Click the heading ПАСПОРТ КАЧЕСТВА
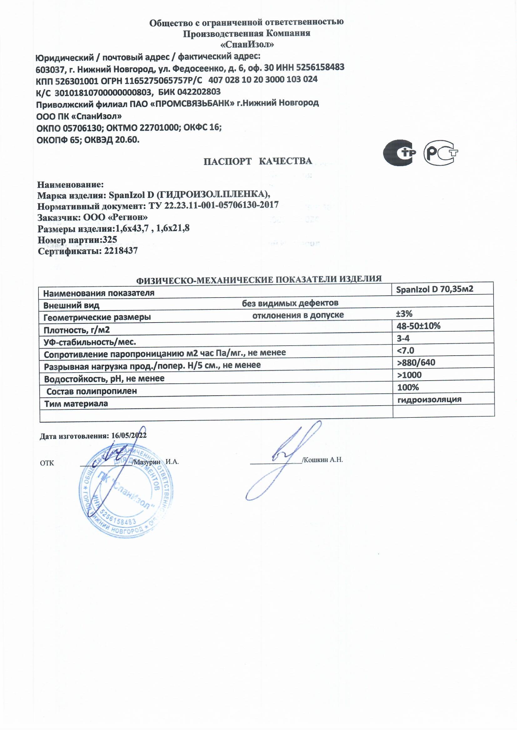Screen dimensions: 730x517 [x=258, y=161]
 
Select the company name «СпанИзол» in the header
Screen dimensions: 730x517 [x=247, y=45]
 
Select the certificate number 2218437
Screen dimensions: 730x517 [x=121, y=251]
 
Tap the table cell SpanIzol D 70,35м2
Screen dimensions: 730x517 [x=435, y=289]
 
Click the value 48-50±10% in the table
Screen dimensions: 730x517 [x=419, y=326]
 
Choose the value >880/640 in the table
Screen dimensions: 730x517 [x=416, y=363]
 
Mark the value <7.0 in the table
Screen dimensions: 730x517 [x=406, y=350]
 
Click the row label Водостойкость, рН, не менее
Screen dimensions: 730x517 [x=104, y=379]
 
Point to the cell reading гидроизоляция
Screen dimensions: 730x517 [x=429, y=399]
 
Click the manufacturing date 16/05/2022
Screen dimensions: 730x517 [x=129, y=435]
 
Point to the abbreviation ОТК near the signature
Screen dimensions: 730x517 [x=47, y=463]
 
